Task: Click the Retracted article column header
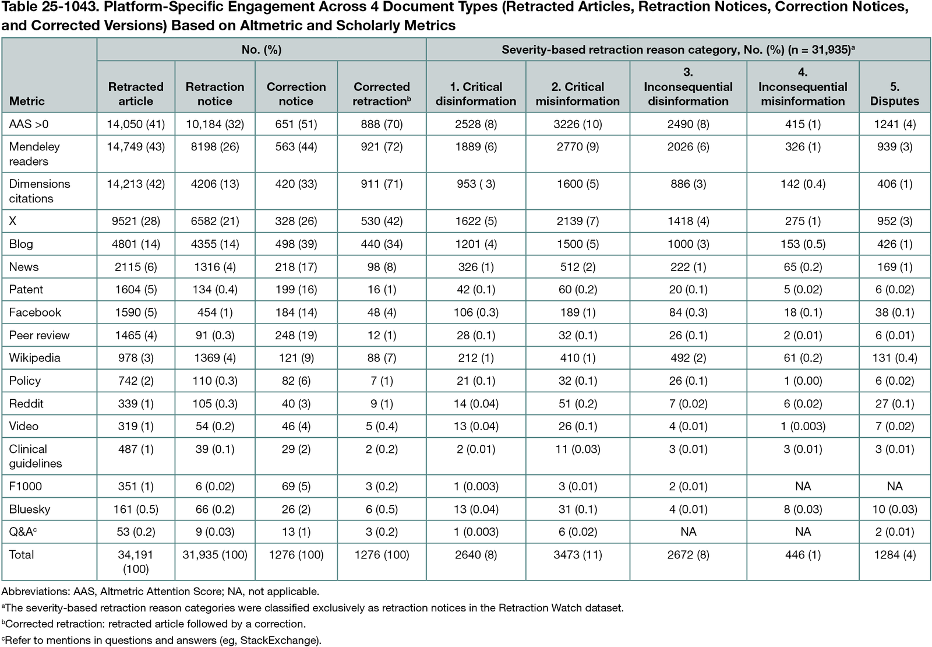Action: pyautogui.click(x=136, y=94)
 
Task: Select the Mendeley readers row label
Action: pyautogui.click(x=34, y=154)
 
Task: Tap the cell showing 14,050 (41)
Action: pyautogui.click(x=136, y=124)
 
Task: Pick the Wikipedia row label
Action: pyautogui.click(x=34, y=358)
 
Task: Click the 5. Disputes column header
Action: pyautogui.click(x=894, y=94)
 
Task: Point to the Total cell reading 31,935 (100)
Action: pyautogui.click(x=215, y=555)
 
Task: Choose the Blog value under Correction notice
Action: pyautogui.click(x=296, y=244)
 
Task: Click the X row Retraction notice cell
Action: pyautogui.click(x=215, y=221)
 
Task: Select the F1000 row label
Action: pyautogui.click(x=25, y=487)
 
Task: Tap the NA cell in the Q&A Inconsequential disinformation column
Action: pyautogui.click(x=688, y=532)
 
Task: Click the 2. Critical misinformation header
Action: pyautogui.click(x=577, y=94)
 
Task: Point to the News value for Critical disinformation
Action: pyautogui.click(x=476, y=267)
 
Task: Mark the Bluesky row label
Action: pyautogui.click(x=30, y=509)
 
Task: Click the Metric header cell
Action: pyautogui.click(x=27, y=101)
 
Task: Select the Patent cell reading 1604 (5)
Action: pyautogui.click(x=136, y=290)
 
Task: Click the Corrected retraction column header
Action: pyautogui.click(x=382, y=94)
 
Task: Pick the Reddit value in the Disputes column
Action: pyautogui.click(x=894, y=403)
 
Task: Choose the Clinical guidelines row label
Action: pyautogui.click(x=36, y=456)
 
